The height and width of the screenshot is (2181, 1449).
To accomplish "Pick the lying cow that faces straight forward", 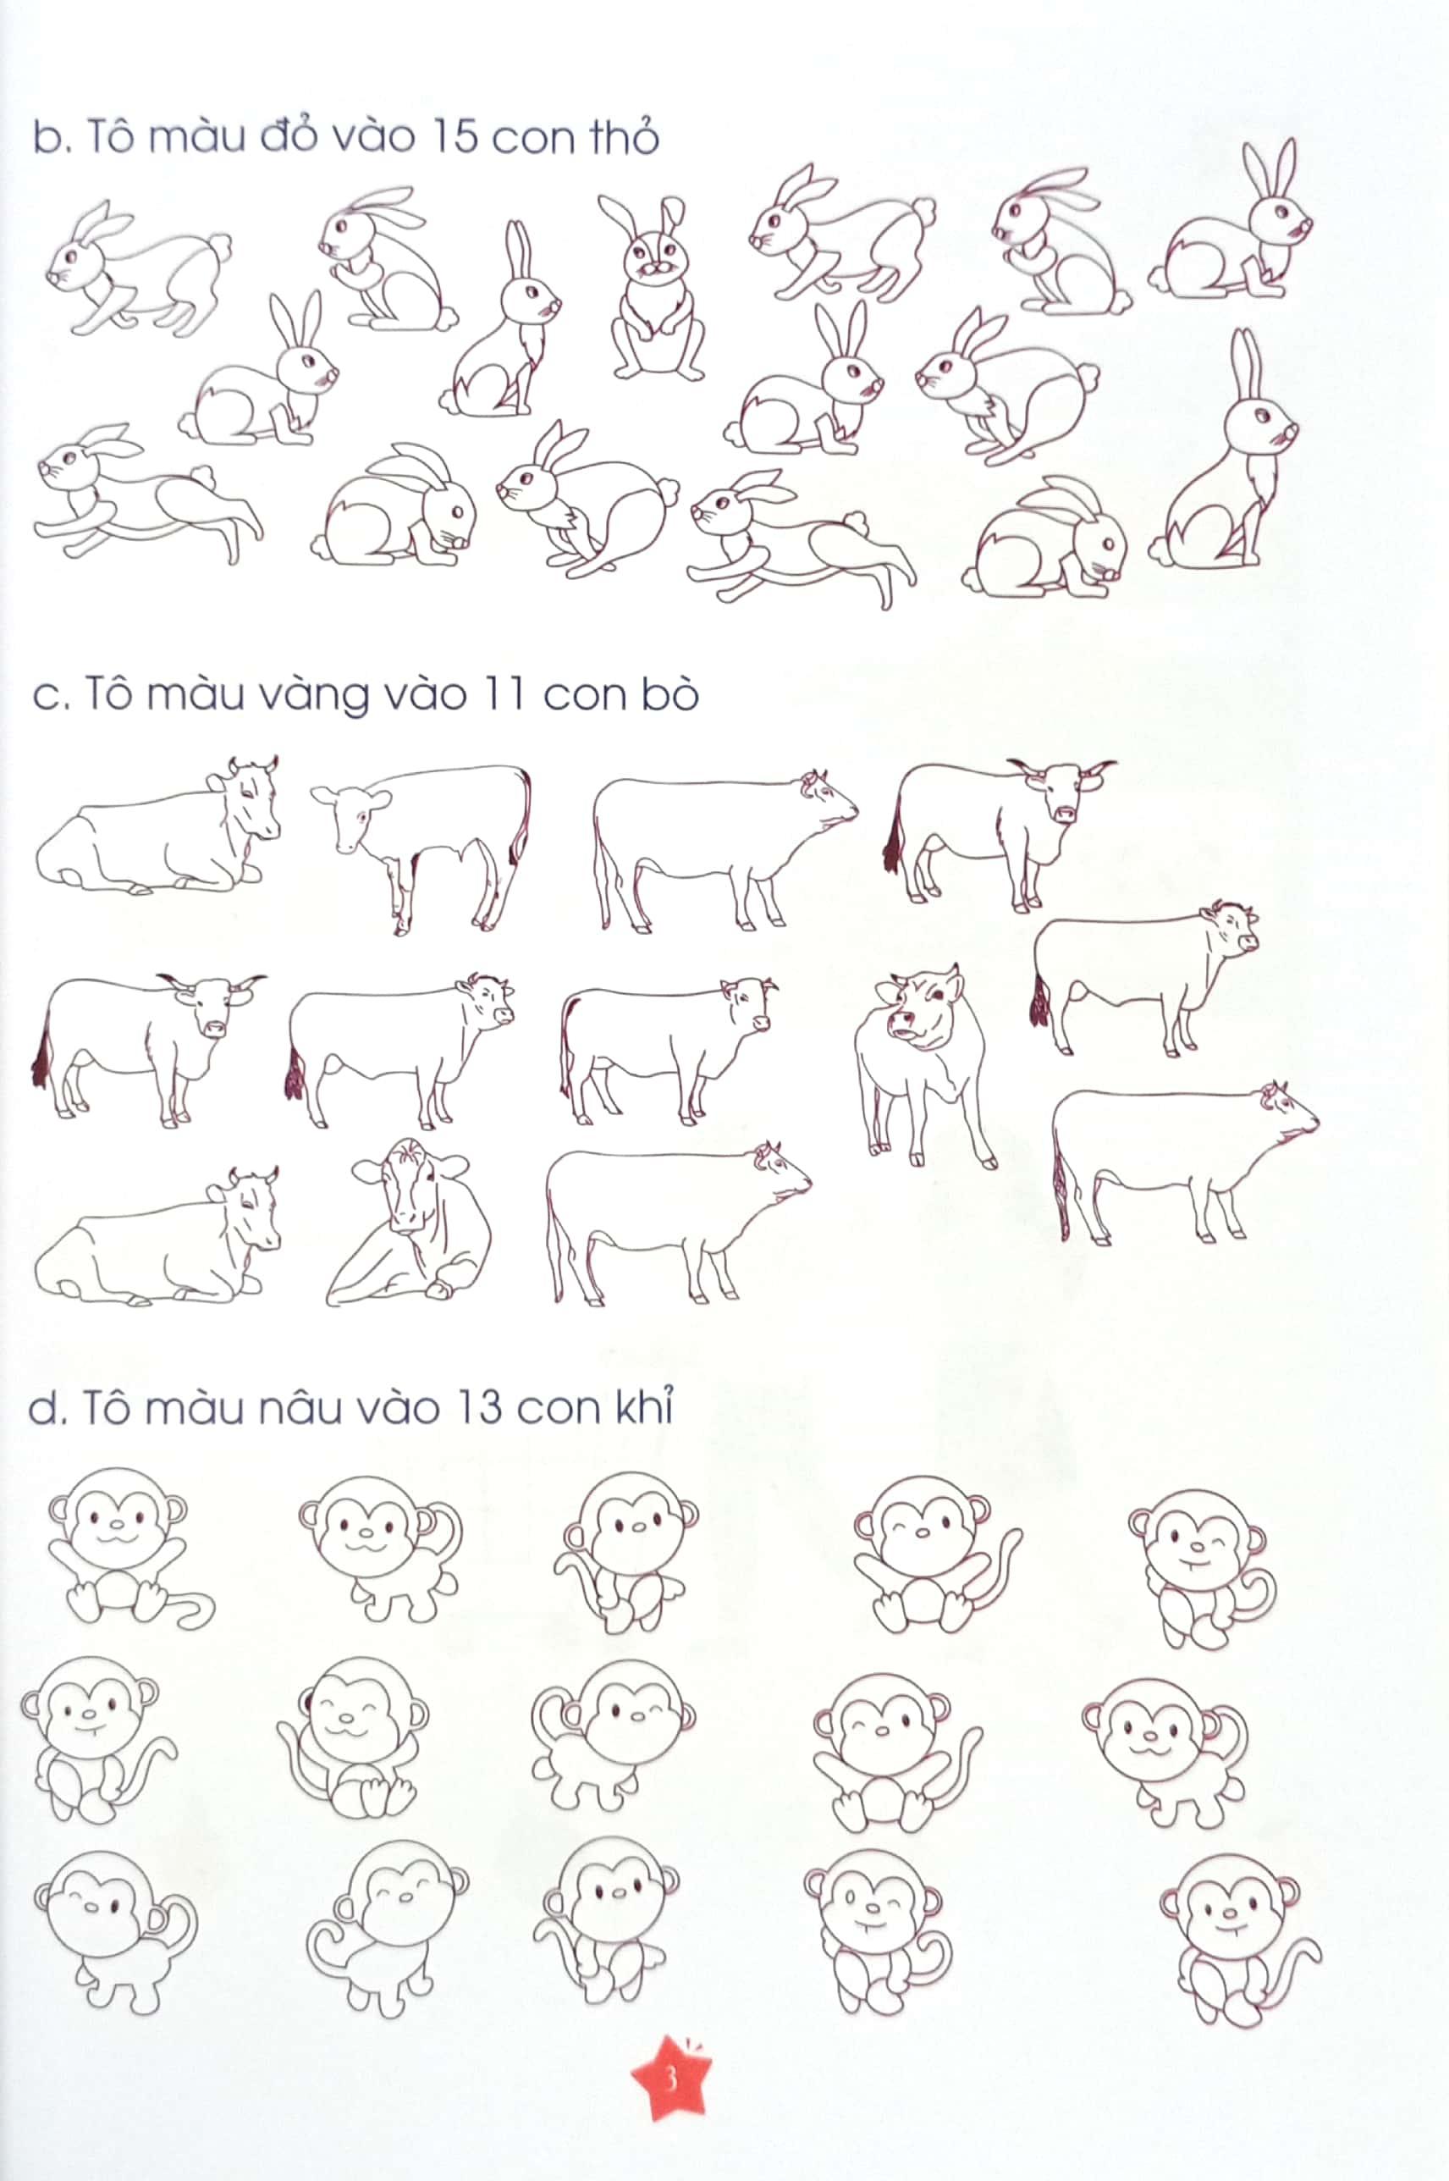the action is (x=410, y=1223).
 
